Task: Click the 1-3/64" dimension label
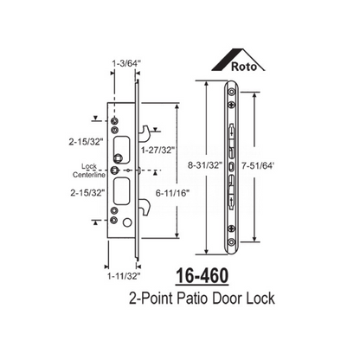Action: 126,62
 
